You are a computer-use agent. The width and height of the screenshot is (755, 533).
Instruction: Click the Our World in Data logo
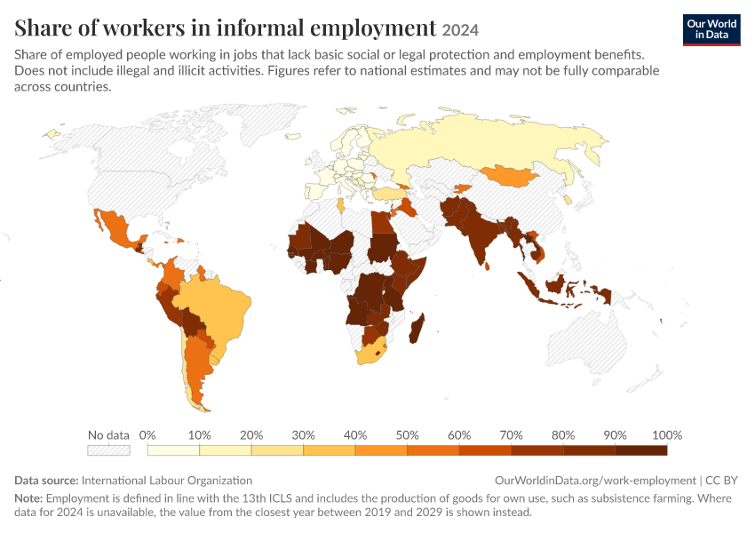coord(711,30)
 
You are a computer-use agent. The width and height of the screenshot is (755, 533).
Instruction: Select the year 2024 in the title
coord(460,30)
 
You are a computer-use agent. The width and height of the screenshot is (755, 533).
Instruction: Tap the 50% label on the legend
coord(408,435)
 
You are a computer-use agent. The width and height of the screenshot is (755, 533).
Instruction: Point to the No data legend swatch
coord(109,450)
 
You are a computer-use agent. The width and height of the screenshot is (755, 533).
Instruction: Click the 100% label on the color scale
coord(667,435)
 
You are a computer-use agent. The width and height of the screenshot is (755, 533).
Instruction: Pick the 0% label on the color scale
coord(147,435)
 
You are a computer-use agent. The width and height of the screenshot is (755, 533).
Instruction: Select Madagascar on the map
coord(417,329)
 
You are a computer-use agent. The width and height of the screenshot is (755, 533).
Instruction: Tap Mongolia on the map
coord(511,176)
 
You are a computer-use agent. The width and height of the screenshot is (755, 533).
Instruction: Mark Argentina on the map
coord(196,366)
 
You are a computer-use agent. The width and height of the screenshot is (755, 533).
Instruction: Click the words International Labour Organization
coord(167,481)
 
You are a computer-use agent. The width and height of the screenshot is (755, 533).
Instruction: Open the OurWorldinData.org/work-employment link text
coord(595,481)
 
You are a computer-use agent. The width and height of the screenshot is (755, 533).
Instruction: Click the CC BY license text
coord(721,481)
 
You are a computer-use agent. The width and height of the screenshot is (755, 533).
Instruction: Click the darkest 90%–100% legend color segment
coord(641,450)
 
